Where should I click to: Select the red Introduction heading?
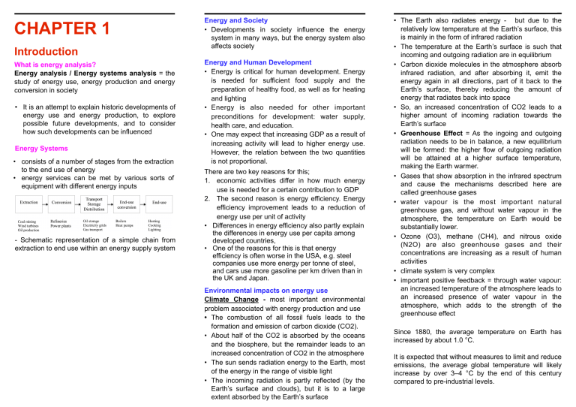pyautogui.click(x=45, y=52)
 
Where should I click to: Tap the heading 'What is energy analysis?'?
pyautogui.click(x=48, y=66)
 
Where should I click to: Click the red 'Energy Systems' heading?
pyautogui.click(x=37, y=149)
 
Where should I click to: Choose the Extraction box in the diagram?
pyautogui.click(x=28, y=202)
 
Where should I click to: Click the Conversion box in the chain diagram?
pyautogui.click(x=61, y=202)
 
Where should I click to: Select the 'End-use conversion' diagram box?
pyautogui.click(x=127, y=202)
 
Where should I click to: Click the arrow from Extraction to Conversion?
pyautogui.click(x=45, y=202)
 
